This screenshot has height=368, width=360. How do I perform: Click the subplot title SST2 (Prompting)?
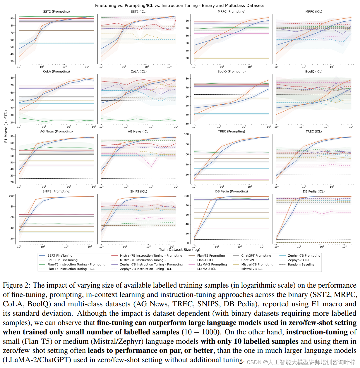click(56, 12)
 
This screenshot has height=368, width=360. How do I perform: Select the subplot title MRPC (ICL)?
click(314, 12)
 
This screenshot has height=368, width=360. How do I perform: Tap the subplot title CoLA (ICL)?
click(138, 71)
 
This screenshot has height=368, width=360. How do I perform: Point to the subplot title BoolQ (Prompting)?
click(232, 71)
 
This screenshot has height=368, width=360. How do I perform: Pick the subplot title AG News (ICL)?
click(138, 132)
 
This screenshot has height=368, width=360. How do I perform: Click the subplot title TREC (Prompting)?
click(232, 132)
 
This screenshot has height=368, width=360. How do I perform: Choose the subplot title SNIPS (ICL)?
click(138, 191)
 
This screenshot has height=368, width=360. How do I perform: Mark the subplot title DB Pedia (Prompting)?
click(232, 191)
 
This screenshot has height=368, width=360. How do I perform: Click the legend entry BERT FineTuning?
click(60, 256)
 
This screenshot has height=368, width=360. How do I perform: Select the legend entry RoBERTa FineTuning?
click(62, 260)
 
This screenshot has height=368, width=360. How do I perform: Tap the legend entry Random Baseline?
click(301, 265)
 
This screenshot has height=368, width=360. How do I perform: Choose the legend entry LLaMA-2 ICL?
click(206, 269)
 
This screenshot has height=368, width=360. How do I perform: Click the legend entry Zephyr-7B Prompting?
click(304, 256)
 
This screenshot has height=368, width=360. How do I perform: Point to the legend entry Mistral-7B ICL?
click(252, 269)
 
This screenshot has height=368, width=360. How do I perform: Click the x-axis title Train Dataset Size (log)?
click(180, 250)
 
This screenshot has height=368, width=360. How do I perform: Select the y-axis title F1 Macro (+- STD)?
click(6, 126)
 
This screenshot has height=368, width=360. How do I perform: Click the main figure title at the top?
click(180, 6)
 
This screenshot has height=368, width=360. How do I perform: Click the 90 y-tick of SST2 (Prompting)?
click(12, 18)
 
